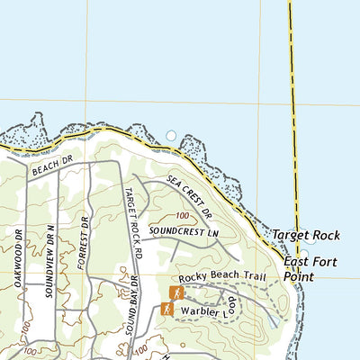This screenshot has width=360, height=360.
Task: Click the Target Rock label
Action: point(306,235)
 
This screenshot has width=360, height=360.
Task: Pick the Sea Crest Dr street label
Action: point(190,199)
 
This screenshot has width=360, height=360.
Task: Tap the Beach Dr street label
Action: point(50,166)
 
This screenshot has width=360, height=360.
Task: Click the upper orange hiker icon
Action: point(176,292)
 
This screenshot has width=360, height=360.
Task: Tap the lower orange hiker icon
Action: point(167,309)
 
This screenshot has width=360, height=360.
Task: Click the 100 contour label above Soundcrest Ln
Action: point(184,216)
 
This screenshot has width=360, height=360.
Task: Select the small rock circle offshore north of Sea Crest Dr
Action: point(172,136)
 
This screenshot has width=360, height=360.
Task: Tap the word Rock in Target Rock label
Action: point(325,235)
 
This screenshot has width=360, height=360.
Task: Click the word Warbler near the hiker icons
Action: point(199,311)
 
